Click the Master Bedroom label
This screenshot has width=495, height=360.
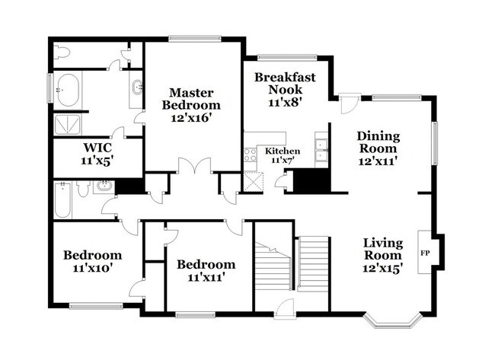[195, 105]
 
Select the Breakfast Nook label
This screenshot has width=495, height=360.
[285, 88]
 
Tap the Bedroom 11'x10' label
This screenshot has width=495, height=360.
[92, 261]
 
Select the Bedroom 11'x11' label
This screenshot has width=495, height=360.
[206, 270]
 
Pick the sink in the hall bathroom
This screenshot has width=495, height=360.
[104, 186]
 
